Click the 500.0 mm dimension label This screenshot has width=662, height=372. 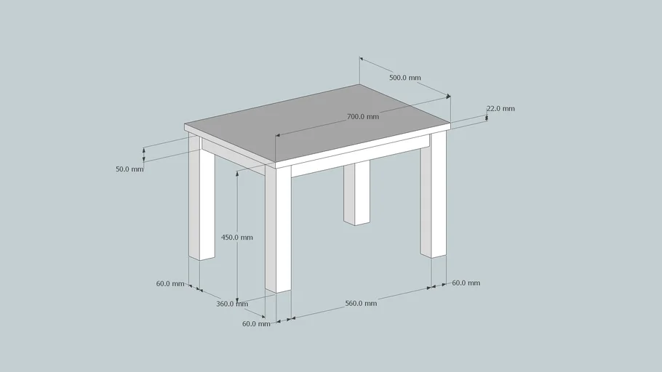point(405,78)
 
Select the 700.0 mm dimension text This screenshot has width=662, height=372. point(362,116)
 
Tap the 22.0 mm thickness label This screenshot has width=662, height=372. point(501,109)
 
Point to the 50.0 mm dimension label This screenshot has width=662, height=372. point(129,169)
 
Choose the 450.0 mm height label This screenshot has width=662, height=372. point(237,238)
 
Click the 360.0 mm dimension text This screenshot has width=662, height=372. point(232,304)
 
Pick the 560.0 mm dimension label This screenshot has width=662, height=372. point(361,303)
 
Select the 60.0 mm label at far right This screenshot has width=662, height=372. point(466,283)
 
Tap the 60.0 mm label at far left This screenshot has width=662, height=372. point(170,283)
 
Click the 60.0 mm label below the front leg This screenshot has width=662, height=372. point(256,324)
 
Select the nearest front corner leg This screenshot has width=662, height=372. point(278,229)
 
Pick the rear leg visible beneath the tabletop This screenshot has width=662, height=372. point(356,193)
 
